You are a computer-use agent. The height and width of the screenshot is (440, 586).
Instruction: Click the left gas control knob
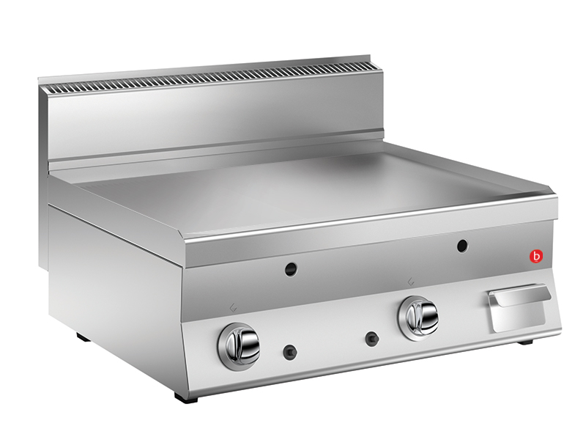[x=239, y=341]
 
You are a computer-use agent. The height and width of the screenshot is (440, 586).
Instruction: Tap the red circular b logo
[x=537, y=256]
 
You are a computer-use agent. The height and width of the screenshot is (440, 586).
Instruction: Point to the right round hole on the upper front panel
[x=462, y=245]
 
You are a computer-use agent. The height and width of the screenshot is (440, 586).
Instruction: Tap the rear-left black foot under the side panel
[x=84, y=336]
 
